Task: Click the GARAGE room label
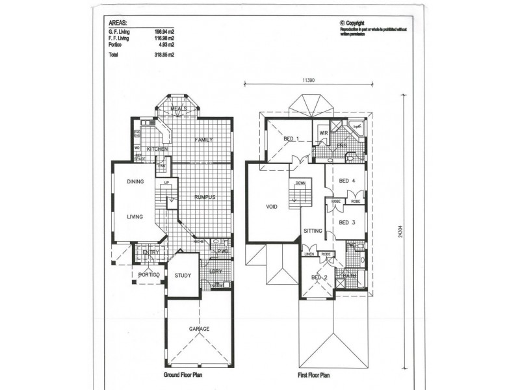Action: (199, 329)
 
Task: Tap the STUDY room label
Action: (183, 276)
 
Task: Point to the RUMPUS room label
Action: (205, 197)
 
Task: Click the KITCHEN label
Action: (157, 149)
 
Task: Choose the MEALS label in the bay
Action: (178, 109)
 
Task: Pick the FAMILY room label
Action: (204, 140)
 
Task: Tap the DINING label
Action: (135, 182)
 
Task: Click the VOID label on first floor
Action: (272, 209)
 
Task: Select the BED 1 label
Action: (291, 138)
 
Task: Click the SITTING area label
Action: (313, 230)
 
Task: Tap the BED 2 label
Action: (319, 278)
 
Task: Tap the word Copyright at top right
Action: (359, 21)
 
